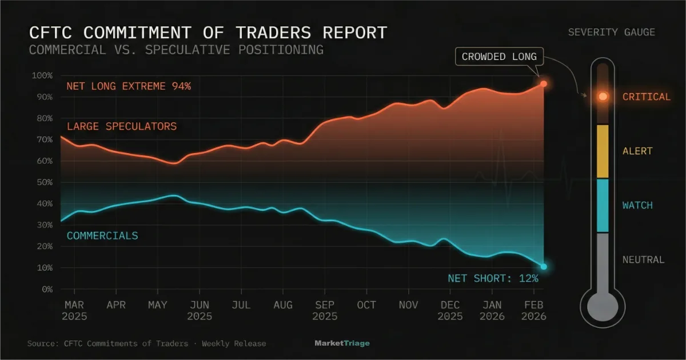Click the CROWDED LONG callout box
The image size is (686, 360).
(x=499, y=57)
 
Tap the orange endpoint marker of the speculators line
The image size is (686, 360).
(x=544, y=84)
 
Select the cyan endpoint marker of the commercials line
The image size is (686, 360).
(x=544, y=267)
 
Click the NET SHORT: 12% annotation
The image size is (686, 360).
(x=493, y=279)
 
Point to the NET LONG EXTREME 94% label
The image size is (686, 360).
(x=129, y=87)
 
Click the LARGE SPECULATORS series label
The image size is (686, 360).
(x=122, y=126)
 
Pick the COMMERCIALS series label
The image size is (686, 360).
(x=102, y=235)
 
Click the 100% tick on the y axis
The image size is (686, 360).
(x=42, y=75)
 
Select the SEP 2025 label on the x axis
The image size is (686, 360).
(x=325, y=311)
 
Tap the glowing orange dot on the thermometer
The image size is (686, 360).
(x=603, y=97)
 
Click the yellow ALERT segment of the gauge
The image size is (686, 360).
(x=603, y=151)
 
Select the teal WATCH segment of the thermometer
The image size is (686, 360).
(x=603, y=206)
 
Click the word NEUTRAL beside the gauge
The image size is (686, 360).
(x=643, y=260)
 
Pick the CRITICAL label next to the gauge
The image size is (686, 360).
(x=646, y=97)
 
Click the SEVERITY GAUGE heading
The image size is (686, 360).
(x=611, y=33)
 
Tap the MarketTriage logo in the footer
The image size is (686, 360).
(x=342, y=343)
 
